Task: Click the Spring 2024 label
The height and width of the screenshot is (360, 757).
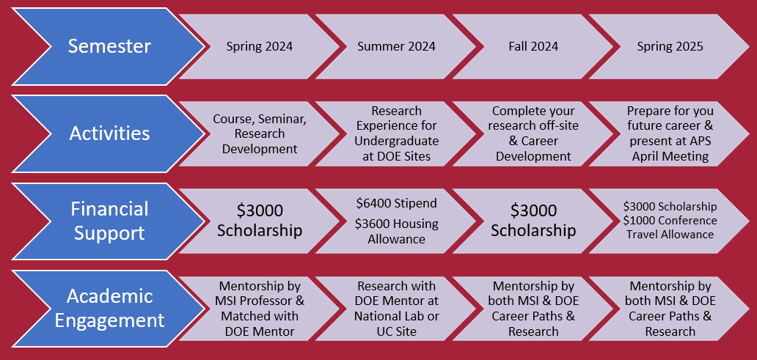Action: point(260,47)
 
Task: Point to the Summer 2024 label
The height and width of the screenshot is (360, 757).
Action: point(396,47)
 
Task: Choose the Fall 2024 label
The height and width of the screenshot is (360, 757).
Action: point(533,47)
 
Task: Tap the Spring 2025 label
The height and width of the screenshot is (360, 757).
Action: point(670,47)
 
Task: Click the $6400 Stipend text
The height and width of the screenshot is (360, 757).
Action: point(396,203)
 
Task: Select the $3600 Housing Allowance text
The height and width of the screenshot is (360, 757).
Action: point(396,231)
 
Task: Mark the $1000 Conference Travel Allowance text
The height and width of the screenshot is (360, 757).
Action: point(670,227)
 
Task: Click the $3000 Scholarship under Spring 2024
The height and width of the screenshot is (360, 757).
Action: point(260,220)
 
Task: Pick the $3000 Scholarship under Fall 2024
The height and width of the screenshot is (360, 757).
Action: point(533,220)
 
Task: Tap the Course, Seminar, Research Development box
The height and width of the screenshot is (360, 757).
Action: point(260,133)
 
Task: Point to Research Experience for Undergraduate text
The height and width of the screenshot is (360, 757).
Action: point(396,126)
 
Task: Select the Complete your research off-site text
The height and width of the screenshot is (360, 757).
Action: point(533,119)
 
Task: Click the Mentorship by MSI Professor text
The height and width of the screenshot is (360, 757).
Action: point(260,293)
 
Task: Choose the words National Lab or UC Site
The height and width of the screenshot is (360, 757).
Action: point(396,324)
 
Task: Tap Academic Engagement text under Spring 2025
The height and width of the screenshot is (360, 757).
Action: point(670,309)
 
